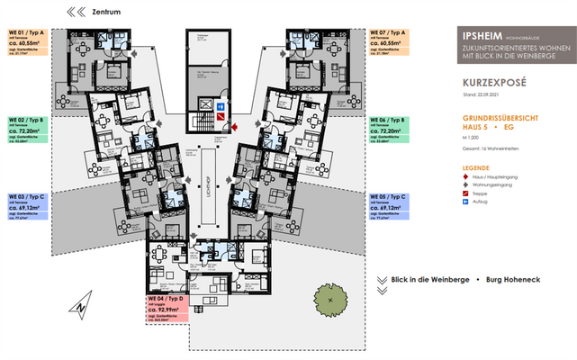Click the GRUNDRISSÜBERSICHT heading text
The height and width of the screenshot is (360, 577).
[x=496, y=118]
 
